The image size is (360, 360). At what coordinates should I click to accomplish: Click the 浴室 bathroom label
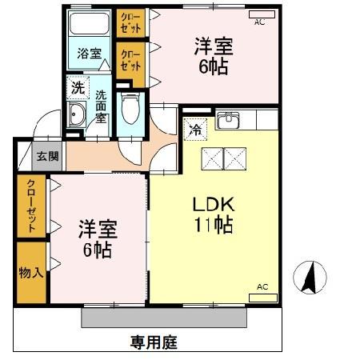pos(90,54)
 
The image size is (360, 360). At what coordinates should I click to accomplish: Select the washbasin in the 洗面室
pos(76,117)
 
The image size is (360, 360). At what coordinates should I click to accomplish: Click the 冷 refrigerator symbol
pos(196,126)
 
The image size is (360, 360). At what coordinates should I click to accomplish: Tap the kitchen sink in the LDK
pos(228,120)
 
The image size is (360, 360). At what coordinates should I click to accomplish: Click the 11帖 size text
pos(212,226)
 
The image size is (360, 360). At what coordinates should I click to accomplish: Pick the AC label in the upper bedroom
pos(259,22)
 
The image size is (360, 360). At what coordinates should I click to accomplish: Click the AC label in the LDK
pos(262,286)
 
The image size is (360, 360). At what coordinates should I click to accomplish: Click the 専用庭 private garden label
pos(154,341)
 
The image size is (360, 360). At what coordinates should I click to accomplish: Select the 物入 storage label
pos(31,273)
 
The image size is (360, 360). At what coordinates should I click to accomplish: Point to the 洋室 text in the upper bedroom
pos(211,47)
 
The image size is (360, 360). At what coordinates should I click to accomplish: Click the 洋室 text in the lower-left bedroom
pos(97,230)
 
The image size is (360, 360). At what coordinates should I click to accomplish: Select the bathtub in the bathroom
pos(90,24)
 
